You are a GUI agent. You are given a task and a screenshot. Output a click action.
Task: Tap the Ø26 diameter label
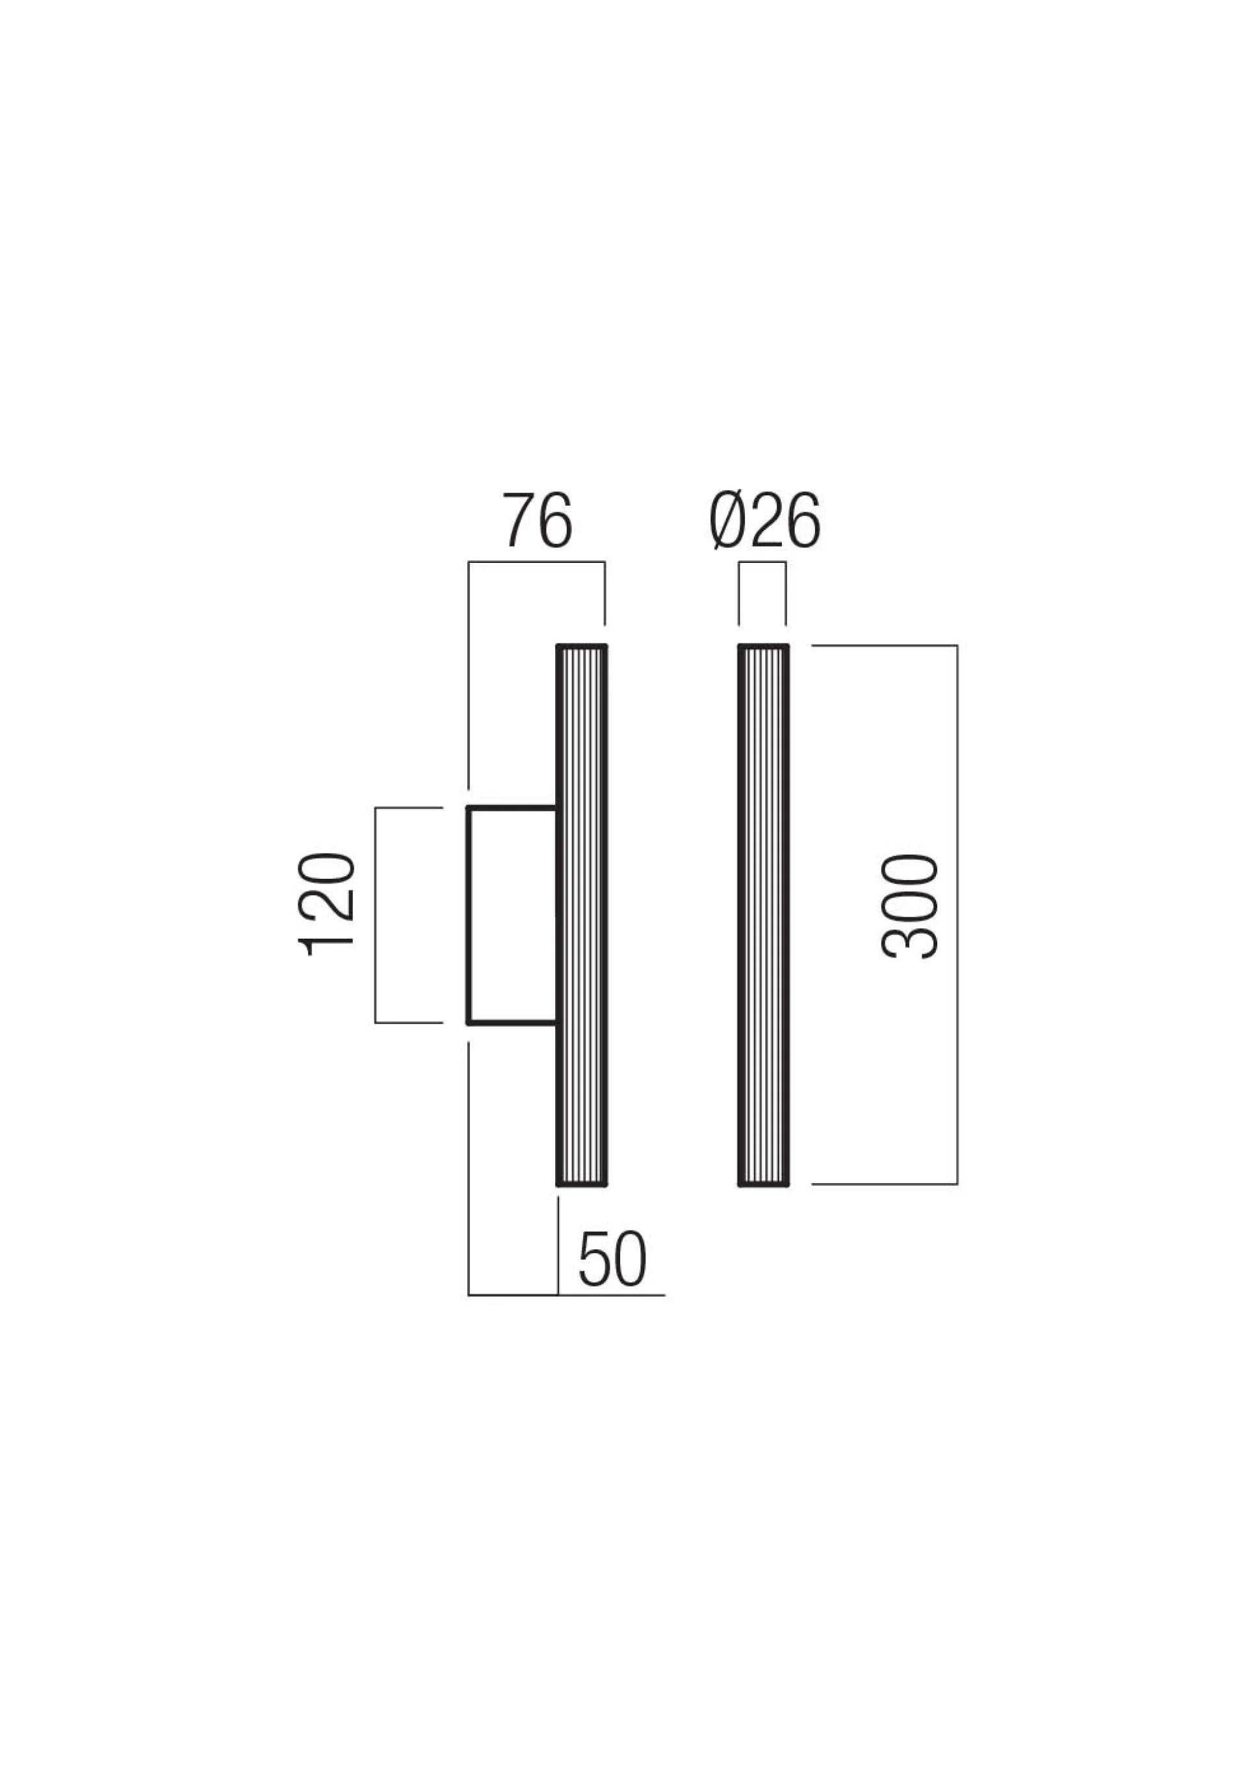[x=764, y=520]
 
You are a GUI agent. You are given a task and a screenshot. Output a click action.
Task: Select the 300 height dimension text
[x=910, y=905]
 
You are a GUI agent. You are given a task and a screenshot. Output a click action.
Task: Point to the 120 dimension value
[x=326, y=903]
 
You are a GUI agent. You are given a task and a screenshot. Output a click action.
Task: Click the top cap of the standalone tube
[x=763, y=646]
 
